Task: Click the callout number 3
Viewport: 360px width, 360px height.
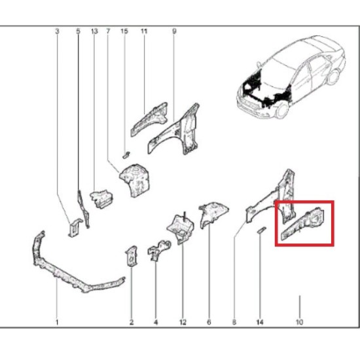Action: (x=57, y=31)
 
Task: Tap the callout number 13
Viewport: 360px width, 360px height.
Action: (x=94, y=31)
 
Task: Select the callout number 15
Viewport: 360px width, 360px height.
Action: (x=124, y=31)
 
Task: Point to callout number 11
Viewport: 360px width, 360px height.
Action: (x=144, y=31)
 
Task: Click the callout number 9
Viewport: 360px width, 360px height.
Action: (x=174, y=31)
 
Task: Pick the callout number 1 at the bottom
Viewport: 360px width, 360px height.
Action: (x=57, y=322)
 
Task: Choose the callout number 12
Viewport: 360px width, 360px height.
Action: (x=183, y=322)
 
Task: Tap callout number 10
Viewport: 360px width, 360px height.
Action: (x=299, y=322)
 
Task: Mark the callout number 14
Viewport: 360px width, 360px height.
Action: (x=260, y=322)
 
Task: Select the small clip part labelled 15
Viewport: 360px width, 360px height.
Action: (x=126, y=154)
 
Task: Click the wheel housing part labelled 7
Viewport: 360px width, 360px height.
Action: (x=135, y=180)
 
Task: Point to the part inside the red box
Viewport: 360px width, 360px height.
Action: (x=303, y=223)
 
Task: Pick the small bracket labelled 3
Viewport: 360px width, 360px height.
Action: (x=75, y=227)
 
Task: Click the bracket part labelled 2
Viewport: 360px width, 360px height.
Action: (x=132, y=256)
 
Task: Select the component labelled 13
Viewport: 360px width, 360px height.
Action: (x=101, y=198)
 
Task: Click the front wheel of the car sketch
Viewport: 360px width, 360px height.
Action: (x=282, y=110)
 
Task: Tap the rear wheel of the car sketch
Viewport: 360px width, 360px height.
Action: (x=334, y=77)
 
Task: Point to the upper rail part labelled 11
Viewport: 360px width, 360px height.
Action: (x=149, y=119)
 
